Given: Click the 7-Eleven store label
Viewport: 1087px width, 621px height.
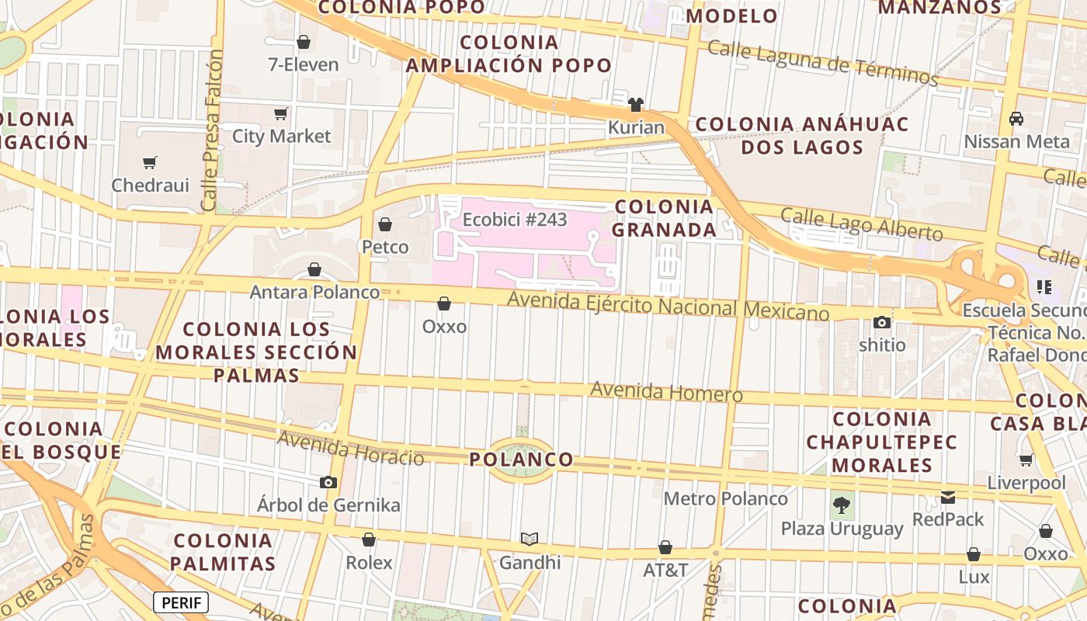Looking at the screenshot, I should click(x=304, y=64).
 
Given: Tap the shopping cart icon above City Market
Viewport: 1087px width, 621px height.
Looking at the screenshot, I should click(x=281, y=114).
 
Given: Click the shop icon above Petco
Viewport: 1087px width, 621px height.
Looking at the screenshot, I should click(x=385, y=225).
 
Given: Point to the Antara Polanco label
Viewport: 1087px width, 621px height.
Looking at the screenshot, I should click(x=314, y=292).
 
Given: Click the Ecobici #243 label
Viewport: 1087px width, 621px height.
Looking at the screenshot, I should click(x=515, y=220).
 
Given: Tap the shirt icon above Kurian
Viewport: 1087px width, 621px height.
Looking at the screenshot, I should click(x=636, y=105).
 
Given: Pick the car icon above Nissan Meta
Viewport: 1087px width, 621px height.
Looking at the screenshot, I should click(x=1016, y=119).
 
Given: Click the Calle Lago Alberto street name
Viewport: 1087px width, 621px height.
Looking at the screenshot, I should click(x=862, y=224).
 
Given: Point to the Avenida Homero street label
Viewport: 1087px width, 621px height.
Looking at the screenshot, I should click(x=666, y=391).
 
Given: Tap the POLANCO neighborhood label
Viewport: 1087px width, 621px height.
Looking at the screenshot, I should click(x=521, y=460).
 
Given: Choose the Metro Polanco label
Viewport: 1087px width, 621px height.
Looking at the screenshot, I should click(x=725, y=498).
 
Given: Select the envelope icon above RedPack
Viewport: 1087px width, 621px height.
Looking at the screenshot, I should click(x=948, y=498).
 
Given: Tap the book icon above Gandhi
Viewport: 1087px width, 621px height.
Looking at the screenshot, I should click(x=530, y=539).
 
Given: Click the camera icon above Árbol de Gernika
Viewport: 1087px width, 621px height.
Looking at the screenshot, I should click(x=328, y=483).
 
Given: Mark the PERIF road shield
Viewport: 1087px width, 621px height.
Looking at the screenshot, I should click(x=181, y=602).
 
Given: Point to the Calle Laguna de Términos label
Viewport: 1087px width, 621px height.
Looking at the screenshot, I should click(x=823, y=63).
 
